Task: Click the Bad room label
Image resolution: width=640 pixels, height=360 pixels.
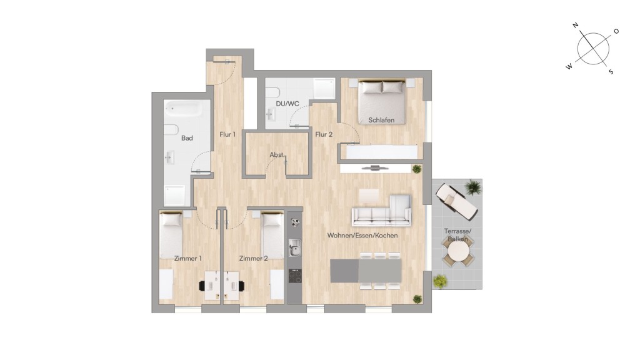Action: pos(187,138)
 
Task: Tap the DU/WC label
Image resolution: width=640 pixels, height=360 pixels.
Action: pos(287,104)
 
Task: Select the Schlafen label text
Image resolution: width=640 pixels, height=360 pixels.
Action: pos(381,120)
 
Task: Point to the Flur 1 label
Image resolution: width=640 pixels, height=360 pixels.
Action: pos(227,134)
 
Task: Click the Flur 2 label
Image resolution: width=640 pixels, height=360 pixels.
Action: pos(324,134)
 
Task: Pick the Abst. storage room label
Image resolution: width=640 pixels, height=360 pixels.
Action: pos(277,155)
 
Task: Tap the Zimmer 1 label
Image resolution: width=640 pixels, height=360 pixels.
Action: pos(187,258)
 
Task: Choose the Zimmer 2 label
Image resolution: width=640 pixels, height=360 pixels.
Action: pos(254,258)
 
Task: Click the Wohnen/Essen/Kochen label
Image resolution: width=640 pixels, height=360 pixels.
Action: pos(362,236)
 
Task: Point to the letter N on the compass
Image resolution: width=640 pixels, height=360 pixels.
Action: pos(576,25)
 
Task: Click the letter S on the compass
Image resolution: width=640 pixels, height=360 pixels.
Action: pos(611,72)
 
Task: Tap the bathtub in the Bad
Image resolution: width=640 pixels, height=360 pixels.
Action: pos(183,109)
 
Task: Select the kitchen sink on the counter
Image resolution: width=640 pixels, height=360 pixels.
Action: pos(295,248)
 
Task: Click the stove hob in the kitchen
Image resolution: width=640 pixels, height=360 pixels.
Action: pos(295,276)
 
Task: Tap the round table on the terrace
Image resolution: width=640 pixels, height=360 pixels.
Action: pos(457,253)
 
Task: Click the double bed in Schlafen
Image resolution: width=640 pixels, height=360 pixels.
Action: pos(382,102)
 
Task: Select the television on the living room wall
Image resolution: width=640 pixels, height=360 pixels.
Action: pos(375,167)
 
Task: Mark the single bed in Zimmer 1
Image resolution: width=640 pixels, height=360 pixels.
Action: pos(171,235)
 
